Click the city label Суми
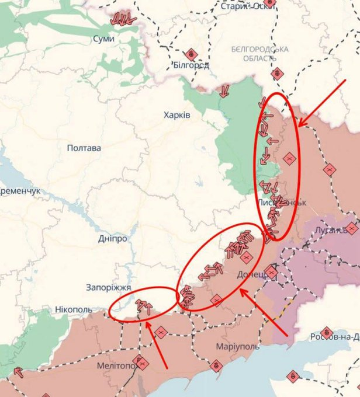tap(103, 38)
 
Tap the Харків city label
tap(177, 116)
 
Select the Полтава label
tap(84, 148)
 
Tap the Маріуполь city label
tap(237, 347)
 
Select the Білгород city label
tap(191, 65)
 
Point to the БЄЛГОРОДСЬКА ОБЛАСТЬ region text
tap(259, 54)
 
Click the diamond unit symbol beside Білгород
tap(191, 54)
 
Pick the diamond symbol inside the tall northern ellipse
tap(289, 158)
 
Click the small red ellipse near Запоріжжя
tap(143, 304)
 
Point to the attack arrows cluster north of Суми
tap(123, 18)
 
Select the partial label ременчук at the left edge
tap(20, 191)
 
